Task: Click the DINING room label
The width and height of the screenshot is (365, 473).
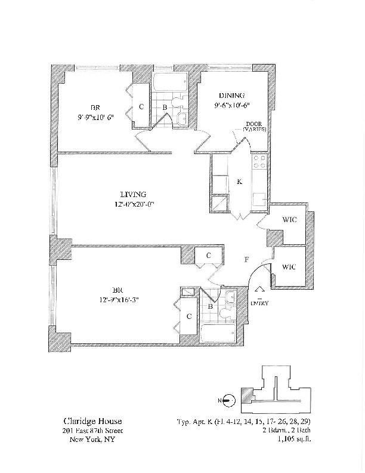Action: (231, 96)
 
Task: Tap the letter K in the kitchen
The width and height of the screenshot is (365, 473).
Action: (239, 182)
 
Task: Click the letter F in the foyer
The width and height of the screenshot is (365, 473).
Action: (246, 260)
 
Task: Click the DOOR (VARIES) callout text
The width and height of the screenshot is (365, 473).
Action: (254, 127)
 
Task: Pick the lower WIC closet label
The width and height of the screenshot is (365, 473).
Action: (288, 266)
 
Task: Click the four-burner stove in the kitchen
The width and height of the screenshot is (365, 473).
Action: (259, 161)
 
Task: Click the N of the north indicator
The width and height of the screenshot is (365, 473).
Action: (221, 400)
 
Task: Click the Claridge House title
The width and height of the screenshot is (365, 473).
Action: (85, 420)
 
